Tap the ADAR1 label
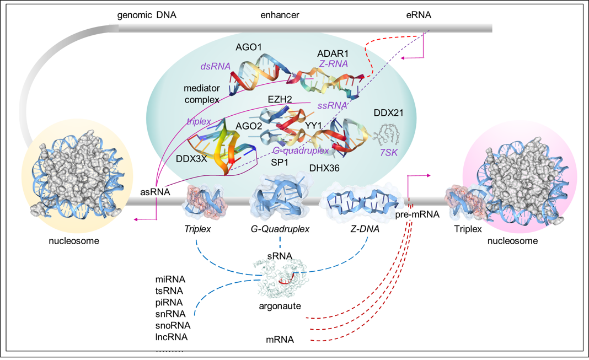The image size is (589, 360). tap(333, 54)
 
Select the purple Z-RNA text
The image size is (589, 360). tap(333, 64)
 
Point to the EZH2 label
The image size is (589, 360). tap(280, 99)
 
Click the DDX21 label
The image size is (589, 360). tap(389, 113)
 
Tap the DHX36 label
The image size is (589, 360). tap(324, 168)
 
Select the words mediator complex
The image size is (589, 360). tap(202, 94)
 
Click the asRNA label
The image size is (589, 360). tap(154, 192)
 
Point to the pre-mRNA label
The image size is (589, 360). tap(417, 214)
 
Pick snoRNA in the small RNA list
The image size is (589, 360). tap(173, 325)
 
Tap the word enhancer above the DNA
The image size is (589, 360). tap(280, 15)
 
